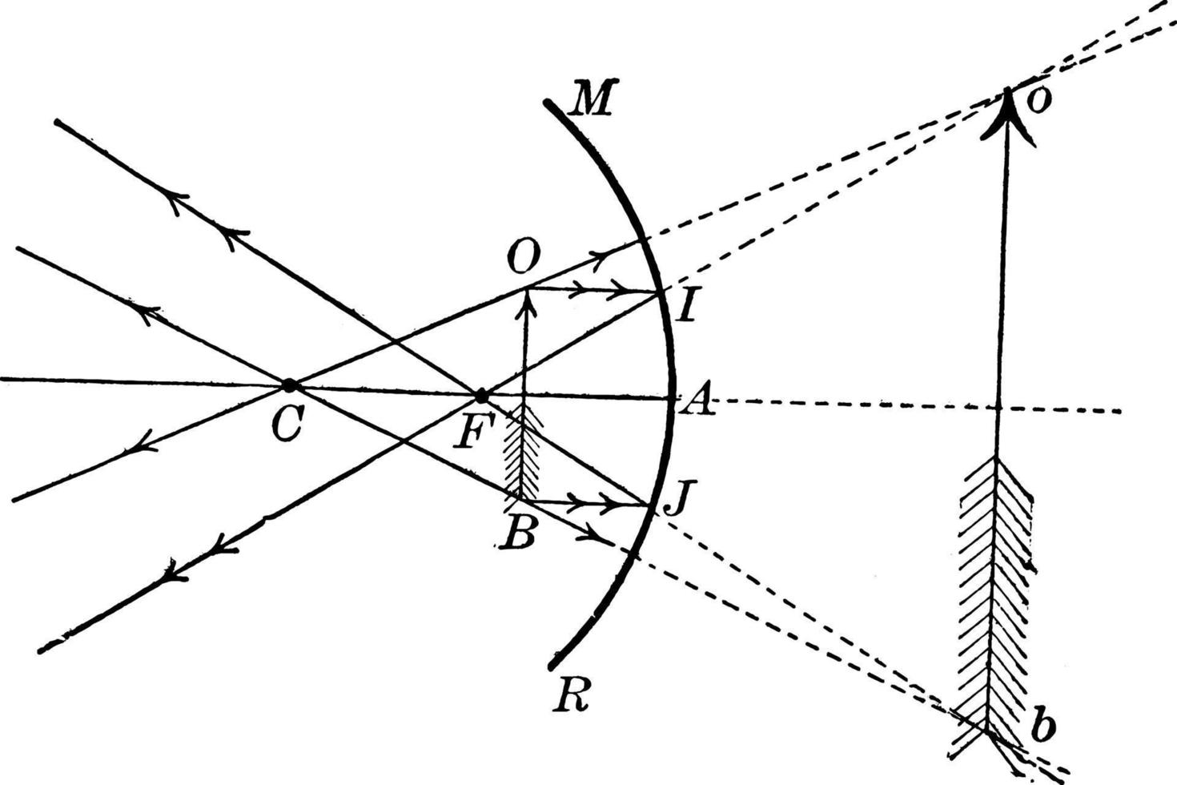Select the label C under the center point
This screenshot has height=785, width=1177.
[286, 426]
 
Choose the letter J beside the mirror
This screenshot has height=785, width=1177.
[677, 501]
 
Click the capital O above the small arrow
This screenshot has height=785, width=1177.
[524, 257]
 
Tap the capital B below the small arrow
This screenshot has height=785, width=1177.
[518, 533]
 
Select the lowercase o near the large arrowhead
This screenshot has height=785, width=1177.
[1038, 102]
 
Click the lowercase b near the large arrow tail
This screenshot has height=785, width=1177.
[1042, 727]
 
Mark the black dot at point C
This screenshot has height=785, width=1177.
[290, 386]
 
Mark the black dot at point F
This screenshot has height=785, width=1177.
[481, 397]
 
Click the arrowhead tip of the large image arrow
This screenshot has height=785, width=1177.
[1006, 93]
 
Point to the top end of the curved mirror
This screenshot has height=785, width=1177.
[548, 103]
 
